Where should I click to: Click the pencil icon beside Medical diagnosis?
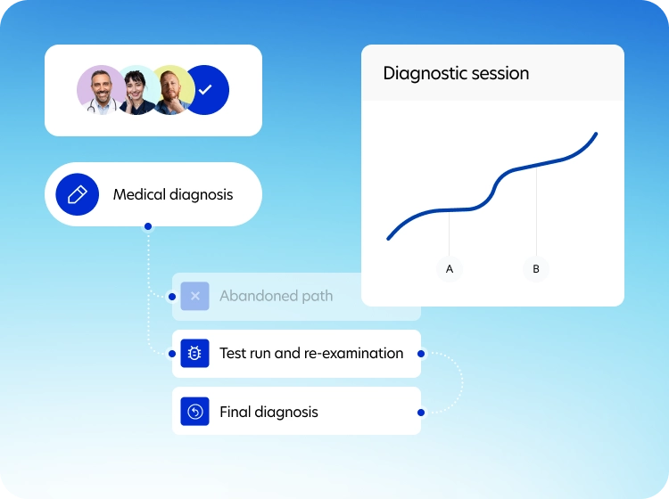click(78, 194)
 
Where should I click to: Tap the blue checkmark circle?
click(207, 90)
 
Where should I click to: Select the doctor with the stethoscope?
click(101, 90)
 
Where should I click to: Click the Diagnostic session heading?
click(456, 73)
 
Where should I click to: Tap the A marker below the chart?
click(450, 269)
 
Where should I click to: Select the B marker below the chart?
click(536, 269)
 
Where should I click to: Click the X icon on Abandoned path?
click(195, 296)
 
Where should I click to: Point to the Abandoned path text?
click(276, 296)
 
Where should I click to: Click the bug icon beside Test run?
click(195, 353)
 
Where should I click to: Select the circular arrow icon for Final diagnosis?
click(195, 412)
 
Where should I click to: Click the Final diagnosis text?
click(268, 412)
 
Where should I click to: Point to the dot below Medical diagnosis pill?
click(148, 226)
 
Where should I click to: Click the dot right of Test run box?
click(421, 354)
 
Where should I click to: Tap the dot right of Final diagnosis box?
click(421, 412)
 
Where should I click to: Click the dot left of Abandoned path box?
click(172, 296)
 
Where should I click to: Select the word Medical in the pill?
click(139, 194)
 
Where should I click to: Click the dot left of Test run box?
click(172, 354)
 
